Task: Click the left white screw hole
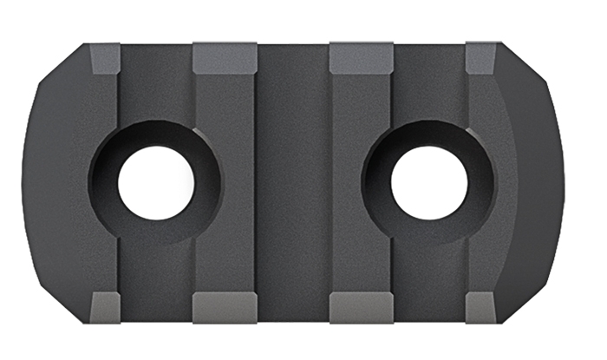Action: pos(156,183)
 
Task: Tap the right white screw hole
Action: pos(429,183)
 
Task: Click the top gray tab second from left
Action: pos(224,58)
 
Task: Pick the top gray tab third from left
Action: pos(362,58)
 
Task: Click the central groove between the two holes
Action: pos(292,182)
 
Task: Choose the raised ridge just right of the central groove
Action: pos(360,130)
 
